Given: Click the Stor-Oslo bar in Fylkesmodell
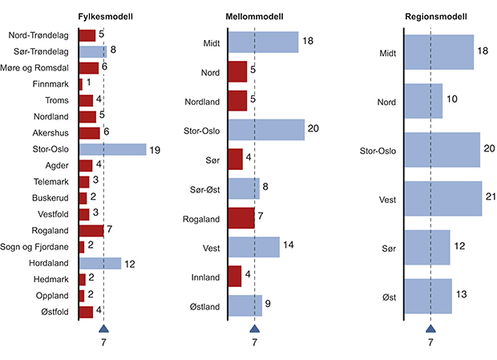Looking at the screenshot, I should tap(112, 149).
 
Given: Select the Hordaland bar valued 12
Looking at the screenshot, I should tap(100, 263).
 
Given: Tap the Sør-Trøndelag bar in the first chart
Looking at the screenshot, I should tap(92, 51).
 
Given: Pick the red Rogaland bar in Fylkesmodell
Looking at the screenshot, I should tap(91, 230).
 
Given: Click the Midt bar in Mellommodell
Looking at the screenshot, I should tap(264, 42).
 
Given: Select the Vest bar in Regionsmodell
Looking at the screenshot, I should tap(443, 199).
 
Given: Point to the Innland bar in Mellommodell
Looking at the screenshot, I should tap(235, 277).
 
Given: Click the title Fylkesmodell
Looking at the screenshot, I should tap(106, 17).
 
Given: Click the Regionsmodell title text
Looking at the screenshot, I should tap(433, 17).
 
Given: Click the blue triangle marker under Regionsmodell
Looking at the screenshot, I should tap(430, 328).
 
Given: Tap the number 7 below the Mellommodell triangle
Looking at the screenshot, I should tap(254, 343).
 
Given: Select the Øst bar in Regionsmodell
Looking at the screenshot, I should tap(428, 297).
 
